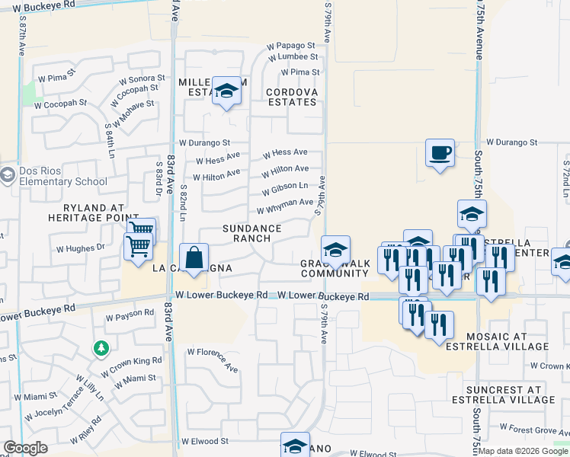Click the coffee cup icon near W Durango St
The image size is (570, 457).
pos(440,152)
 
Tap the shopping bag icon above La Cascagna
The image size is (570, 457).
pos(194,257)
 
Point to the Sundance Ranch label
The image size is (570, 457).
pos(251,233)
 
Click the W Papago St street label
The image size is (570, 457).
pos(290,46)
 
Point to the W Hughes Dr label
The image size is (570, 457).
pos(80,248)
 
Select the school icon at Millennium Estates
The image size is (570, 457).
pos(226,92)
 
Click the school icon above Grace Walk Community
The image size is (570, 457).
pos(335,250)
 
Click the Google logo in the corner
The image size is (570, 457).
pos(25,448)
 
